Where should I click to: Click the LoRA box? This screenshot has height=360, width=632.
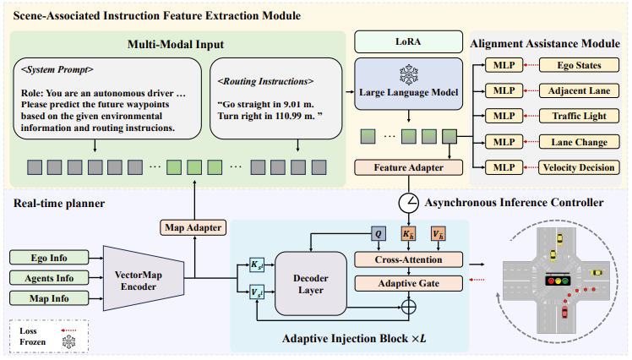[x=410, y=41]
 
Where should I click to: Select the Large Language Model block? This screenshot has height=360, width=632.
[x=410, y=87]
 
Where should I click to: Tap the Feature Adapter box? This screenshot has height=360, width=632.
[x=410, y=167]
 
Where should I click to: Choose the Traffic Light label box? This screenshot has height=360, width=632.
[x=579, y=116]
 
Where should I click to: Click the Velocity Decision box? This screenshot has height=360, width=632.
[x=579, y=167]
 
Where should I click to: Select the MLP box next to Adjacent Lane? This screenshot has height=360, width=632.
[x=504, y=90]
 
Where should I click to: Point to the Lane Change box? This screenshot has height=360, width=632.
[x=579, y=142]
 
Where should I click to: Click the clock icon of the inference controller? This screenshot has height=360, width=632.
[x=410, y=203]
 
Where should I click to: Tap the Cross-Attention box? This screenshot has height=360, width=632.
[x=410, y=259]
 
